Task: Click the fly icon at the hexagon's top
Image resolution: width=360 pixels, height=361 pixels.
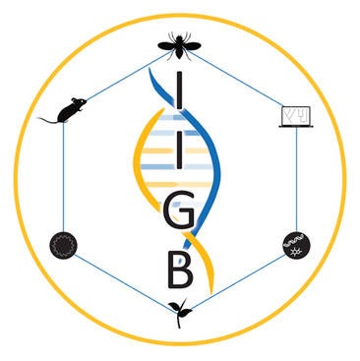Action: click(x=180, y=43)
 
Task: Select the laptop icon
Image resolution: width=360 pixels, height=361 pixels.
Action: click(x=292, y=118)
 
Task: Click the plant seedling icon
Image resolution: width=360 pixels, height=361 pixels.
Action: click(x=180, y=310)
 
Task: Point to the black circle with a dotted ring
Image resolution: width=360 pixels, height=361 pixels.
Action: click(x=63, y=242)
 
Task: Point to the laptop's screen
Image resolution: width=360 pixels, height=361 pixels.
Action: click(x=292, y=114)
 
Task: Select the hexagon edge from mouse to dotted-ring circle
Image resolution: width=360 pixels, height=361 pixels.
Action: click(x=63, y=177)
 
